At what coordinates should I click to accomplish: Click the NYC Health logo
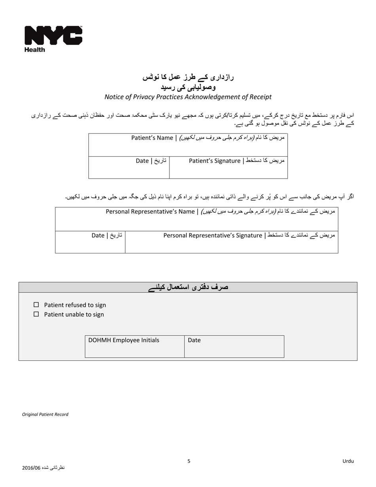pyautogui.click(x=53, y=38)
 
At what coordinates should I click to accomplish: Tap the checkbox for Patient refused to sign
pyautogui.click(x=36, y=305)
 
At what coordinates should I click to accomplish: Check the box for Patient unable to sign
pyautogui.click(x=36, y=314)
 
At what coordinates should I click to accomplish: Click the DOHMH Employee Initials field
pyautogui.click(x=135, y=347)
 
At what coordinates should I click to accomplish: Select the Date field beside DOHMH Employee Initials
pyautogui.click(x=234, y=347)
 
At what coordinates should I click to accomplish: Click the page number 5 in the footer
pyautogui.click(x=189, y=461)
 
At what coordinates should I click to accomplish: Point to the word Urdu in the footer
pyautogui.click(x=348, y=461)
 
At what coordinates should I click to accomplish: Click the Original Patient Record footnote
pyautogui.click(x=45, y=415)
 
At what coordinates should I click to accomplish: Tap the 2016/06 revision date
pyautogui.click(x=43, y=468)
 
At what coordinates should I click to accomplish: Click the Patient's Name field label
pyautogui.click(x=208, y=138)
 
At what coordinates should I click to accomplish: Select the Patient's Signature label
pyautogui.click(x=237, y=161)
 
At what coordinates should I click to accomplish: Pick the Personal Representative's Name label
pyautogui.click(x=220, y=211)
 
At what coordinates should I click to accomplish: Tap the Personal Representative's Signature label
pyautogui.click(x=249, y=236)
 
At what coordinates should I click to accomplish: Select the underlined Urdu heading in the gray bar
pyautogui.click(x=188, y=287)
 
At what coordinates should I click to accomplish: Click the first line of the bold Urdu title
pyautogui.click(x=188, y=77)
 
